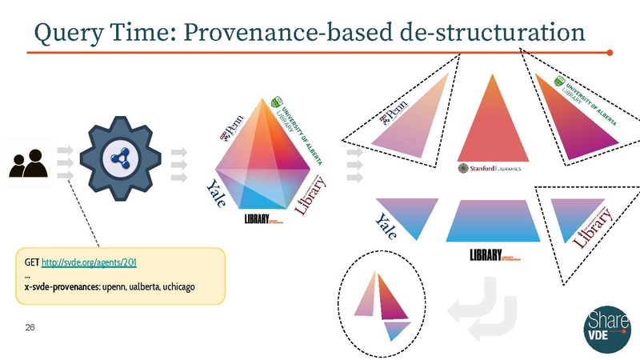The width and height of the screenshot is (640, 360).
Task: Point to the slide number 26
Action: (30, 328)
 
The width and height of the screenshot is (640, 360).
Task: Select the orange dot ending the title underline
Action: (610, 54)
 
